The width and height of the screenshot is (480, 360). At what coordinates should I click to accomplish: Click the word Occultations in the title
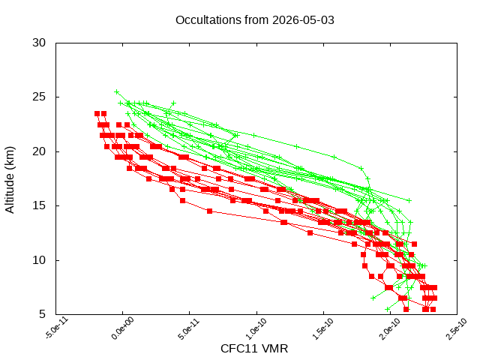[x=208, y=20]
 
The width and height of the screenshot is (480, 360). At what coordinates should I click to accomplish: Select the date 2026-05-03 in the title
[x=303, y=20]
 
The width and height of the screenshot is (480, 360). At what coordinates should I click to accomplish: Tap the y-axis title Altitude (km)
[x=10, y=180]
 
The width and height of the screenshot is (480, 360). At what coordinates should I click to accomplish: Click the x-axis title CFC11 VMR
[x=254, y=349]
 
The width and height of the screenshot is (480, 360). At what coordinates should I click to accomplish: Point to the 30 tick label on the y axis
[x=39, y=43]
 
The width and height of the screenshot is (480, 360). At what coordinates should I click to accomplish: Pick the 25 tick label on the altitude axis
[x=39, y=97]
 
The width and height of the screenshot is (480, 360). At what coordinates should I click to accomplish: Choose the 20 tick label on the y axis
[x=39, y=151]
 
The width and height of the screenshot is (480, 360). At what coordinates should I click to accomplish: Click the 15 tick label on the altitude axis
[x=39, y=205]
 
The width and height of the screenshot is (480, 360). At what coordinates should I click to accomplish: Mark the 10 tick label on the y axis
[x=39, y=260]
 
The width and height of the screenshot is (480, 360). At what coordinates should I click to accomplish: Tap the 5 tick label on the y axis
[x=42, y=314]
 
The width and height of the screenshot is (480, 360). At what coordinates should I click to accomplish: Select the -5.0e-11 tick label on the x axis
[x=57, y=328]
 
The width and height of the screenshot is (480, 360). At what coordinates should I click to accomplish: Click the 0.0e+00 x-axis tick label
[x=123, y=328]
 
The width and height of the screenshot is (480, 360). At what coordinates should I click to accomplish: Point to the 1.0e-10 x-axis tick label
[x=256, y=328]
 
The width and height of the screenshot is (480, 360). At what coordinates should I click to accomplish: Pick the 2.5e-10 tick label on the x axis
[x=457, y=328]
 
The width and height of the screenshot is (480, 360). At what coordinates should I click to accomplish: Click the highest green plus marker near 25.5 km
[x=117, y=91]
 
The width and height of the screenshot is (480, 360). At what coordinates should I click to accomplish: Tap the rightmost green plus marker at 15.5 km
[x=409, y=200]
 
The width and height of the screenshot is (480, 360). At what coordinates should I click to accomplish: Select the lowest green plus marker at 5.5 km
[x=388, y=309]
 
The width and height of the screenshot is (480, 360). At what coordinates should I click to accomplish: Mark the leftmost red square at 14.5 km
[x=209, y=211]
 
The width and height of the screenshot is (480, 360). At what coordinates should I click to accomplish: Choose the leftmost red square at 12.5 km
[x=310, y=233]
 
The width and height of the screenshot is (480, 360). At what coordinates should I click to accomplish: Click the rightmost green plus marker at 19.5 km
[x=334, y=157]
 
